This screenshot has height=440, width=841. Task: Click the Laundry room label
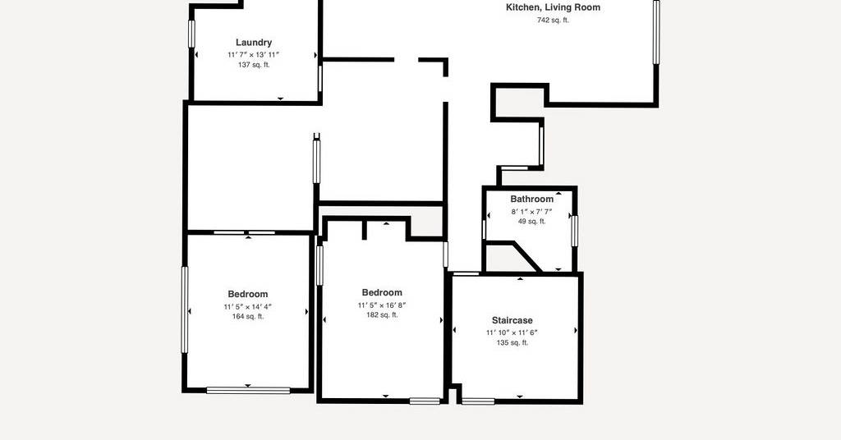254,43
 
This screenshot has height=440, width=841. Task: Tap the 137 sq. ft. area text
254,65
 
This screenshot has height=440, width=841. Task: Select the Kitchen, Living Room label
553,7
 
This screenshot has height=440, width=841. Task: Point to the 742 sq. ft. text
553,21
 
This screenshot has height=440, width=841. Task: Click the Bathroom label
531,199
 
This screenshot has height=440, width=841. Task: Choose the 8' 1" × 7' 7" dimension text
531,212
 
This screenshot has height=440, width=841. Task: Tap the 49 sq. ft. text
531,222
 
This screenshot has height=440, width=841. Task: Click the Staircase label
512,320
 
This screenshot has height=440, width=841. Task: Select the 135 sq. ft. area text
512,342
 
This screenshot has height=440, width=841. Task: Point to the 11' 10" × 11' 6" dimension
512,332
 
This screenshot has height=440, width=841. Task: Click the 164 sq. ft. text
248,316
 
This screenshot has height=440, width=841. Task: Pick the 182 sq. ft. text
382,314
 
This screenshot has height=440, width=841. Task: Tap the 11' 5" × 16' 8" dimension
382,305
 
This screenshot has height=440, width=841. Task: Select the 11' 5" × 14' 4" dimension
248,306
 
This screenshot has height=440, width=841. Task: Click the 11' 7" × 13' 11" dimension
254,55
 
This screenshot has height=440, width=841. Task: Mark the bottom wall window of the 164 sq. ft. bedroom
248,390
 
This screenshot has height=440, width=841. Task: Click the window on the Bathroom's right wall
574,231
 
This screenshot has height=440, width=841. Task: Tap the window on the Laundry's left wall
191,34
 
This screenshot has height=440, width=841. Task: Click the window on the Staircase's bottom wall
479,401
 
